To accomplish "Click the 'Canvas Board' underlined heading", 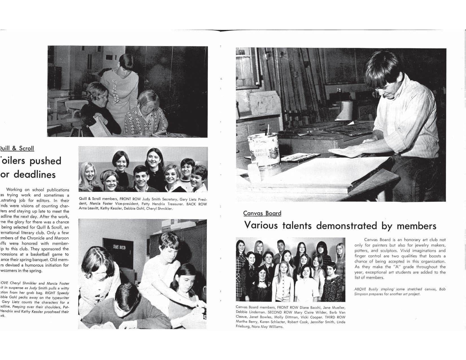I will pyautogui.click(x=262, y=213).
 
